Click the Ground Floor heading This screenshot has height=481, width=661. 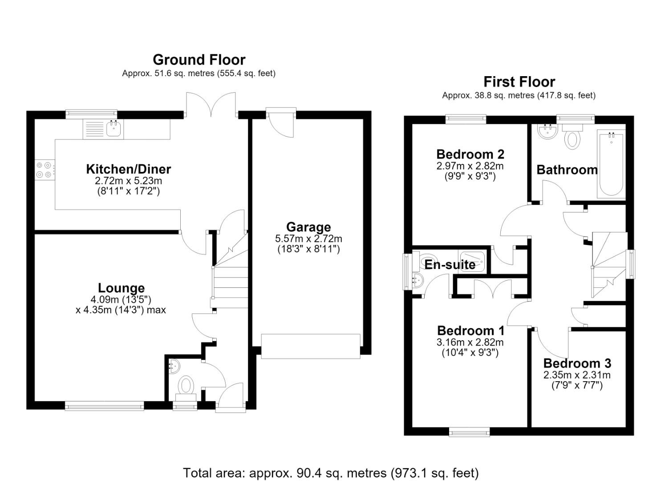[x=199, y=60]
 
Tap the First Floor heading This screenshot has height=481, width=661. [x=519, y=82]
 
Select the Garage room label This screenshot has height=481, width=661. [x=308, y=227]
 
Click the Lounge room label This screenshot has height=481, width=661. [x=121, y=288]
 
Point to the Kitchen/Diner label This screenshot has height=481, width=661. [x=128, y=169]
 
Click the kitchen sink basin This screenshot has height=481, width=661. [x=114, y=128]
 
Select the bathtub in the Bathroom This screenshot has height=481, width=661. [x=611, y=164]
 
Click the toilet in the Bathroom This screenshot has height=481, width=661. [x=572, y=136]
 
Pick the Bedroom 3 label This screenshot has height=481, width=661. [x=577, y=363]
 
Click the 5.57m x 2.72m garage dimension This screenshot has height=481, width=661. [x=308, y=238]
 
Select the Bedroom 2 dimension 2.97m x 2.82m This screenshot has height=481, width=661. [x=470, y=166]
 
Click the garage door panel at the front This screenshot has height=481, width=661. [x=310, y=346]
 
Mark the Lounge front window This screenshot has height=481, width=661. [x=104, y=406]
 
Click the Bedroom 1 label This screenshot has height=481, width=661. [x=470, y=331]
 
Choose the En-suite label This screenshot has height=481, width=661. [x=450, y=265]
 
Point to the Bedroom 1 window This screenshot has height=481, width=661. [x=469, y=432]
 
